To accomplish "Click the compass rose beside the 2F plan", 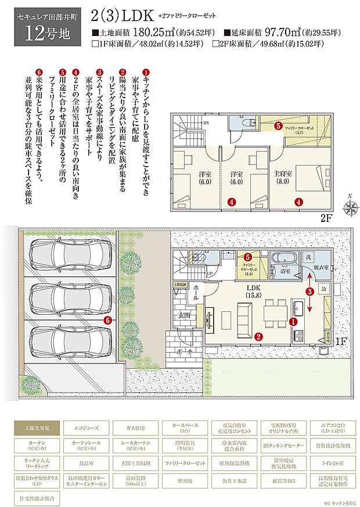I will point(351,207).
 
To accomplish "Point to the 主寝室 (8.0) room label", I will point(286,177).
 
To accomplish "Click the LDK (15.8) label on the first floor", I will point(254,292).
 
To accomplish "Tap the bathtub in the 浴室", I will point(285,258).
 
